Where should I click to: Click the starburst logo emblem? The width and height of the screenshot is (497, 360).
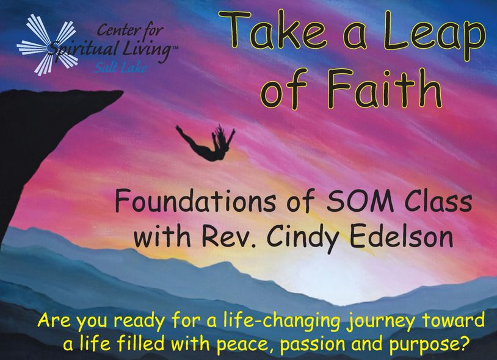pos(48,45)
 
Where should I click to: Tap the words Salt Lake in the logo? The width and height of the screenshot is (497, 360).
pos(120,68)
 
